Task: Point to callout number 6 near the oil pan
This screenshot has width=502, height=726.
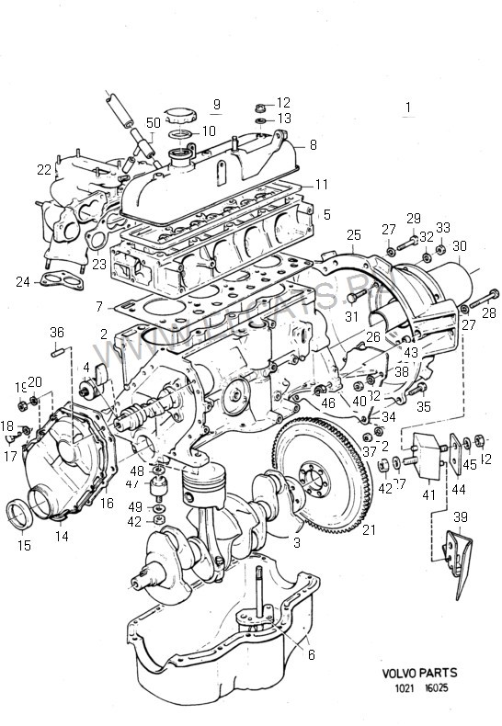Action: point(311,654)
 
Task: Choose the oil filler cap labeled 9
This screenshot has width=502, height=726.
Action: point(179,117)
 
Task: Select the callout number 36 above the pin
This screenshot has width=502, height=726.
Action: point(57,332)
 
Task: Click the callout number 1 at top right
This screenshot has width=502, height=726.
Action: point(405,108)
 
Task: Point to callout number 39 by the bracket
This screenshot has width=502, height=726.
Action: point(460,516)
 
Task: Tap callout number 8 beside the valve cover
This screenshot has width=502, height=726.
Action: point(314,144)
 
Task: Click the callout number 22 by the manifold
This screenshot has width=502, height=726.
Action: point(43,169)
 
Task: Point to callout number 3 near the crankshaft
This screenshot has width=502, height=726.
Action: point(296,543)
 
